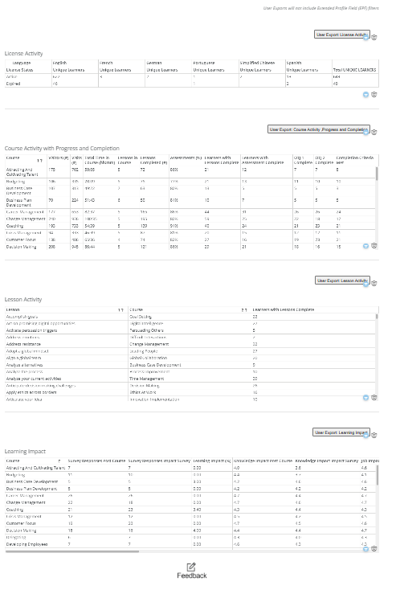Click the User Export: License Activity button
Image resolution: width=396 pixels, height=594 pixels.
tap(341, 35)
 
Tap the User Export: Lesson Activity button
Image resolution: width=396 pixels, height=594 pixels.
tap(341, 281)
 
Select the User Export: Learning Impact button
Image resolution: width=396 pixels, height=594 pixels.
tap(341, 432)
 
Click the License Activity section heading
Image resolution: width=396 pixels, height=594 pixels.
tap(23, 53)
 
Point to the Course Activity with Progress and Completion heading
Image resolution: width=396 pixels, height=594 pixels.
tap(62, 149)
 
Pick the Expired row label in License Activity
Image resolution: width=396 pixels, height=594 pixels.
tap(13, 83)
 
